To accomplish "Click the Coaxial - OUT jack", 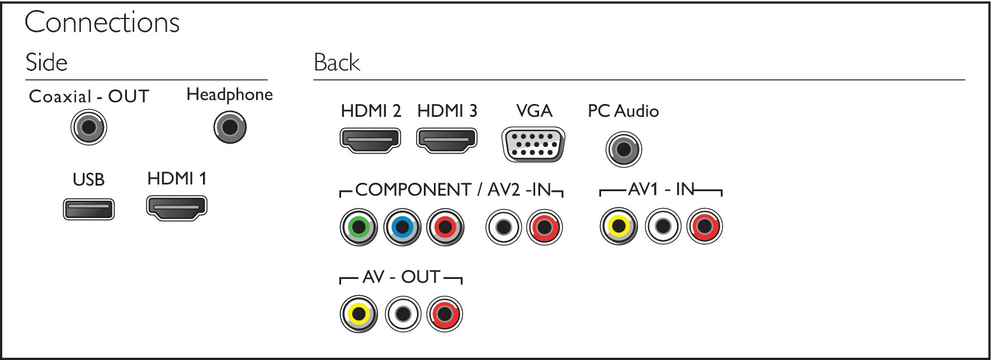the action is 89,127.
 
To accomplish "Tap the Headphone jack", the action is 230,127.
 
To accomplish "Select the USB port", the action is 89,210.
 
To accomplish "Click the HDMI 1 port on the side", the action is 177,208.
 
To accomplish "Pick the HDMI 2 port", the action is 371,140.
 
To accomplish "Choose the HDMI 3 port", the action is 447,140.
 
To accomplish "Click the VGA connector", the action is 534,145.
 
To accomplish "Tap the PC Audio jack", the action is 623,149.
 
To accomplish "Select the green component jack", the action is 359,227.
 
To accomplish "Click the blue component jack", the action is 402,227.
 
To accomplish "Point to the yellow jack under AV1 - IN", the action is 619,226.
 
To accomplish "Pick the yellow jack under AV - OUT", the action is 359,314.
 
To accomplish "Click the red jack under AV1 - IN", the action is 705,226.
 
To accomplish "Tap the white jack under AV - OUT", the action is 403,314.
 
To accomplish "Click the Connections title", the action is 102,22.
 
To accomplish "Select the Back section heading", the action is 337,62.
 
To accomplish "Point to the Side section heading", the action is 46,62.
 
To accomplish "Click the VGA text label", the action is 534,111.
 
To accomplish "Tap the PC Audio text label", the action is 623,111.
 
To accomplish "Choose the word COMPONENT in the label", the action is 413,190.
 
